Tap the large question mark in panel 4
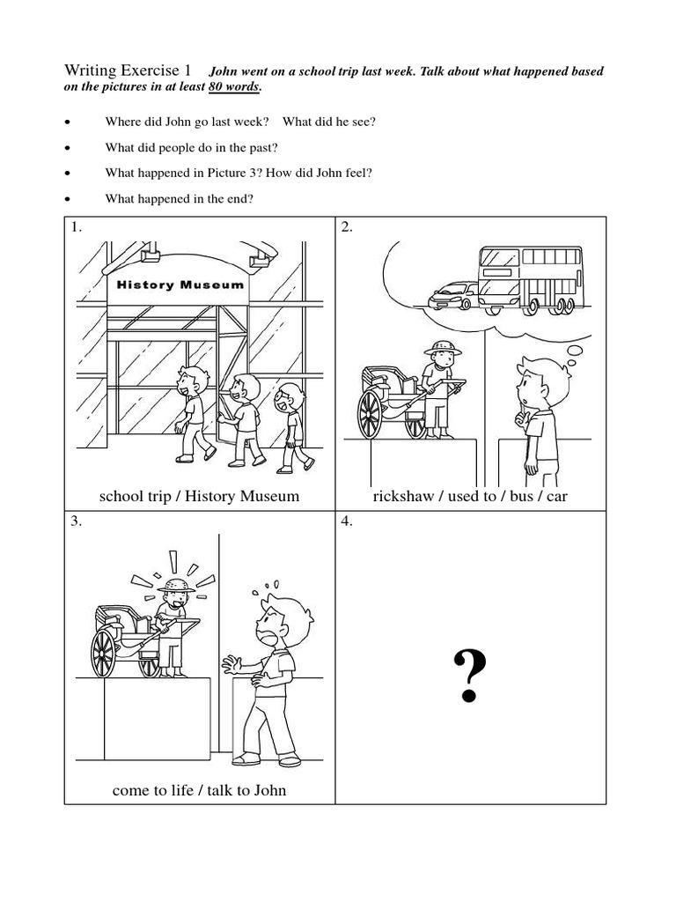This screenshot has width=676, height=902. pyautogui.click(x=470, y=676)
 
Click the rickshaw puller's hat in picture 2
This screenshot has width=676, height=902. pyautogui.click(x=442, y=346)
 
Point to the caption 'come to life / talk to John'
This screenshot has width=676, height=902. pyautogui.click(x=199, y=790)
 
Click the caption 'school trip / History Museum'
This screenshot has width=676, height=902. pyautogui.click(x=199, y=496)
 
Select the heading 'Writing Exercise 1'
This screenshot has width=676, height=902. pyautogui.click(x=127, y=70)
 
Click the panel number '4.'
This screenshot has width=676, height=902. pyautogui.click(x=347, y=521)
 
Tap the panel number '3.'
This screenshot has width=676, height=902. pyautogui.click(x=77, y=521)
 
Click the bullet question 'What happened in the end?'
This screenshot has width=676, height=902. pyautogui.click(x=179, y=198)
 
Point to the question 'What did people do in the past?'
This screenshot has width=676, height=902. pyautogui.click(x=191, y=147)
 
